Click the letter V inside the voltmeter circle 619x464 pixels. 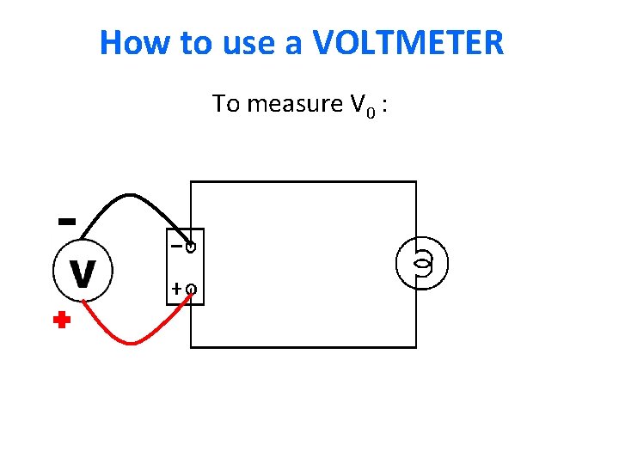coord(82,274)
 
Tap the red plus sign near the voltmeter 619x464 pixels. coord(60,322)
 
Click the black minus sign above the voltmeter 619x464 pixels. coord(64,221)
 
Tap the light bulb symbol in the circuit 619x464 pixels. coord(422,263)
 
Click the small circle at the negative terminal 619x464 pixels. coord(191,247)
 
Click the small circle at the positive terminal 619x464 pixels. coord(191,290)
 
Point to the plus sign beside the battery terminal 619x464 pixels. coord(175,290)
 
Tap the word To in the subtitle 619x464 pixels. coord(226,105)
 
